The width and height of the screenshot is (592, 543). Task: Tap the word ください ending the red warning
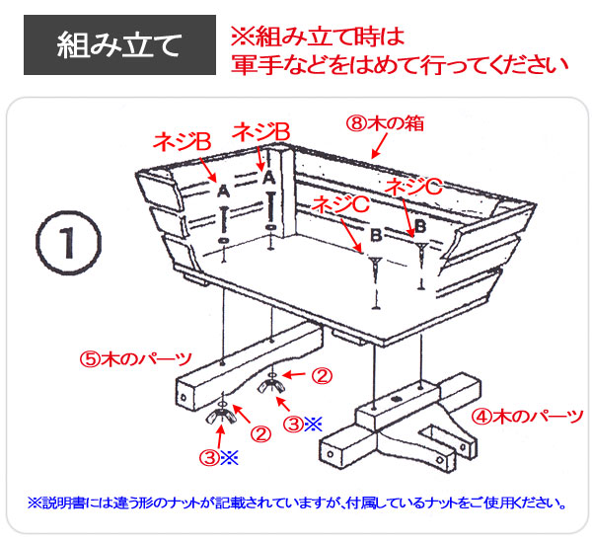coord(528,66)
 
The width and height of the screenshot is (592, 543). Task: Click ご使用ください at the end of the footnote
coord(523,503)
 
